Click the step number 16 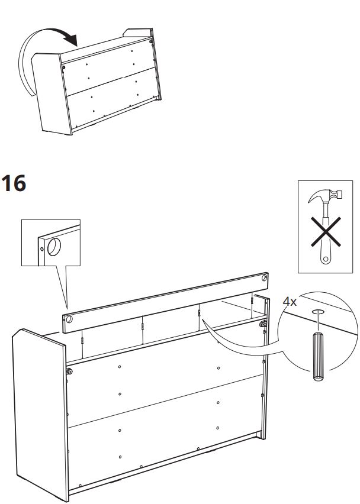(14, 183)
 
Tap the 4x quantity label (290, 302)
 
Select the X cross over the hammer (326, 232)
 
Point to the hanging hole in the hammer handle (326, 259)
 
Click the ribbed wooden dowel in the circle (318, 356)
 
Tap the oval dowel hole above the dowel (318, 311)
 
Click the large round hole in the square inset (54, 247)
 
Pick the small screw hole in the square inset (42, 249)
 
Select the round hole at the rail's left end (69, 319)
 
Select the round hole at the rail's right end (264, 277)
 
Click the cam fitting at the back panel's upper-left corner (69, 371)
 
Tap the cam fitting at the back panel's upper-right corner (262, 324)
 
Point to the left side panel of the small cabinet (52, 93)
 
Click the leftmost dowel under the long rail (82, 341)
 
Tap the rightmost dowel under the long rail (252, 301)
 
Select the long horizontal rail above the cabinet (165, 303)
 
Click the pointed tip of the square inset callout (67, 309)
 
